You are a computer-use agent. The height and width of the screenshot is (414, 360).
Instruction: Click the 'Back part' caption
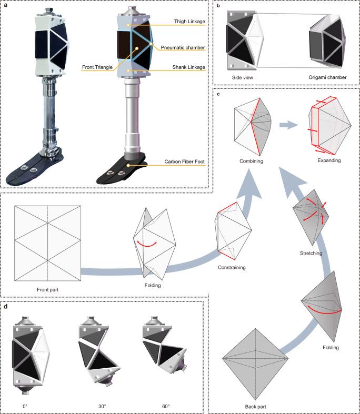[257, 407]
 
